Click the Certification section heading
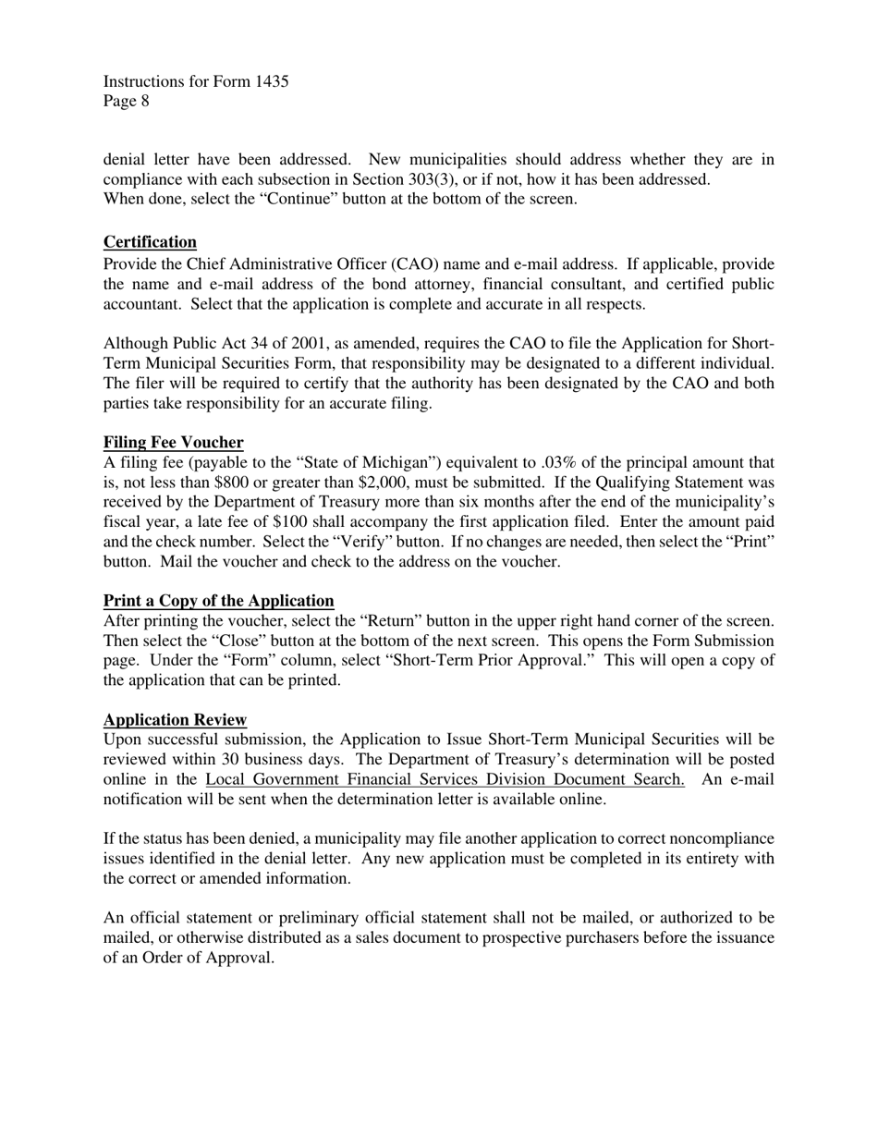(150, 242)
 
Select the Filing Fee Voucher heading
(173, 442)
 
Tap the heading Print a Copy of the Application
(218, 601)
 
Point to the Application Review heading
(175, 720)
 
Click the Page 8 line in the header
(127, 102)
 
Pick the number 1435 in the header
(271, 81)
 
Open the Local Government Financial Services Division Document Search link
(445, 779)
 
